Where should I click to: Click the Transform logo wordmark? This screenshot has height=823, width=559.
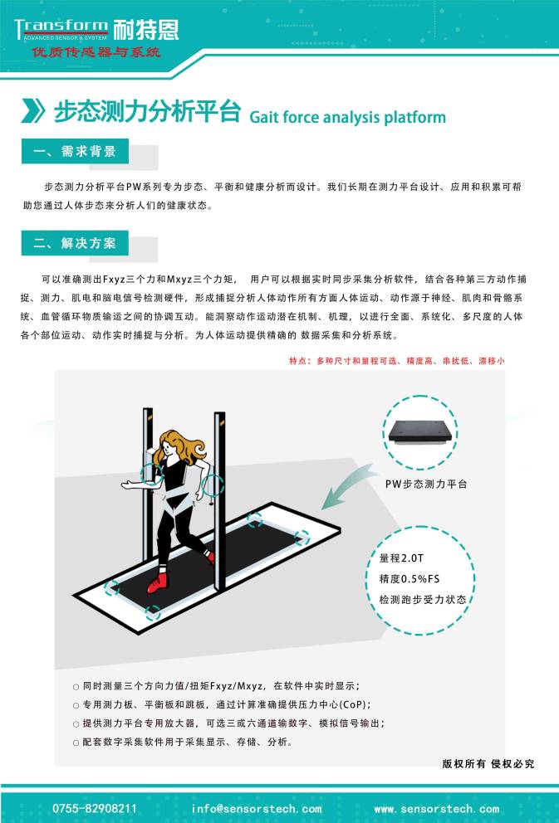click(x=61, y=27)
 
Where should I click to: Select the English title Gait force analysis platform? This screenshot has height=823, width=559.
click(x=347, y=117)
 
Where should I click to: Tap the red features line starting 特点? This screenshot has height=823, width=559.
click(x=396, y=361)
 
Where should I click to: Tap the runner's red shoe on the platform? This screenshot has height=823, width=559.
click(x=156, y=584)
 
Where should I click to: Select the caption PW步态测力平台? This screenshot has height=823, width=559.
click(x=426, y=483)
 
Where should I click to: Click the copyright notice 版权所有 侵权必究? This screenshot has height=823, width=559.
click(x=488, y=763)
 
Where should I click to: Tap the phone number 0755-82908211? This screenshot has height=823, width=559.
click(x=95, y=808)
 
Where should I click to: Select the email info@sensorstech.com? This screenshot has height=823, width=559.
click(x=256, y=808)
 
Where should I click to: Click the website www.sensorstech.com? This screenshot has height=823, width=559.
click(x=436, y=808)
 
